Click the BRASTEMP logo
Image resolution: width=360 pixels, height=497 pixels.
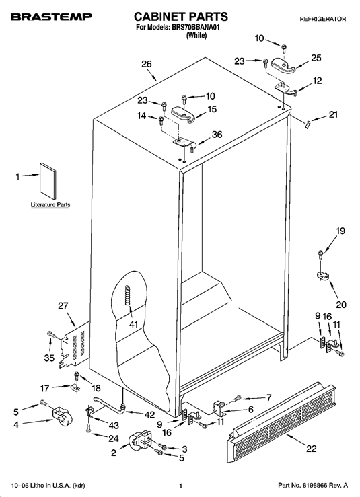coord(52,17)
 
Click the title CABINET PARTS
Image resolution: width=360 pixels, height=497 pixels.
coord(181,17)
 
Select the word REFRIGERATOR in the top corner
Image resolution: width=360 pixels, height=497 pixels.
coord(323,19)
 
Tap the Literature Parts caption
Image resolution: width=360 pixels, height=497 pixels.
coord(50,204)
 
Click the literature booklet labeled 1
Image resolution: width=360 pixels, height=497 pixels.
coord(48,182)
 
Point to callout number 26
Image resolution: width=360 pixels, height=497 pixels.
coord(147,64)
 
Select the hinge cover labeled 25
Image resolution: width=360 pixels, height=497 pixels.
coord(283,66)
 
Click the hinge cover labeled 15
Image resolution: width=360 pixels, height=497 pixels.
coord(184,114)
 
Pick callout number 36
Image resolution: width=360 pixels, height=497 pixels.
coord(217,135)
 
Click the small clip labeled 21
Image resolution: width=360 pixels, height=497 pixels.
coord(307,124)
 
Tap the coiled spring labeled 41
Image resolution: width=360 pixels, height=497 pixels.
coord(127,295)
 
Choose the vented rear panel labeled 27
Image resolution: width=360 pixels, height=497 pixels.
coord(75,345)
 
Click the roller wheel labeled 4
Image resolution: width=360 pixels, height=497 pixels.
coord(63,416)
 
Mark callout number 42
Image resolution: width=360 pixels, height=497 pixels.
coord(149,414)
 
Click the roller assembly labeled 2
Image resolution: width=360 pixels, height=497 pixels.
coord(141,440)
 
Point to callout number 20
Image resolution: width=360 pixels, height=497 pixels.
coord(341,305)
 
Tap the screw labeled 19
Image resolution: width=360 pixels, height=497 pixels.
coord(320,254)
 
